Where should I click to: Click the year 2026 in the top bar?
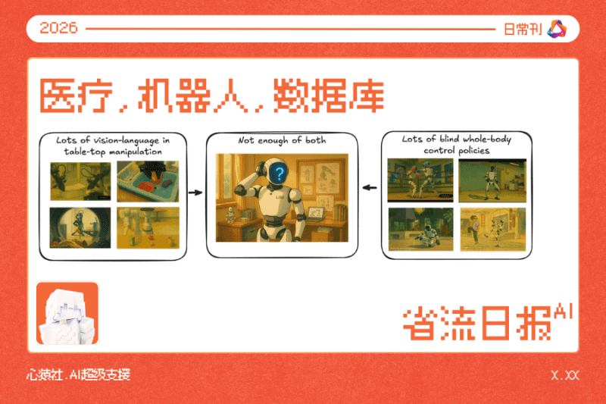point(59,29)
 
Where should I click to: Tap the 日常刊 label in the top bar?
point(522,29)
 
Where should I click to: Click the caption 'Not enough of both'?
point(282,142)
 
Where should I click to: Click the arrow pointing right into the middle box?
point(195,193)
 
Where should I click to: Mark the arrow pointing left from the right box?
point(370,187)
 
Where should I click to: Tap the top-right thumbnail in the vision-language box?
point(147,180)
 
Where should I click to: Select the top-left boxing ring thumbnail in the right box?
point(419,179)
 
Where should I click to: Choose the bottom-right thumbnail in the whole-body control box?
point(492,229)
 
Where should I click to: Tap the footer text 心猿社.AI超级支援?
point(78,375)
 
